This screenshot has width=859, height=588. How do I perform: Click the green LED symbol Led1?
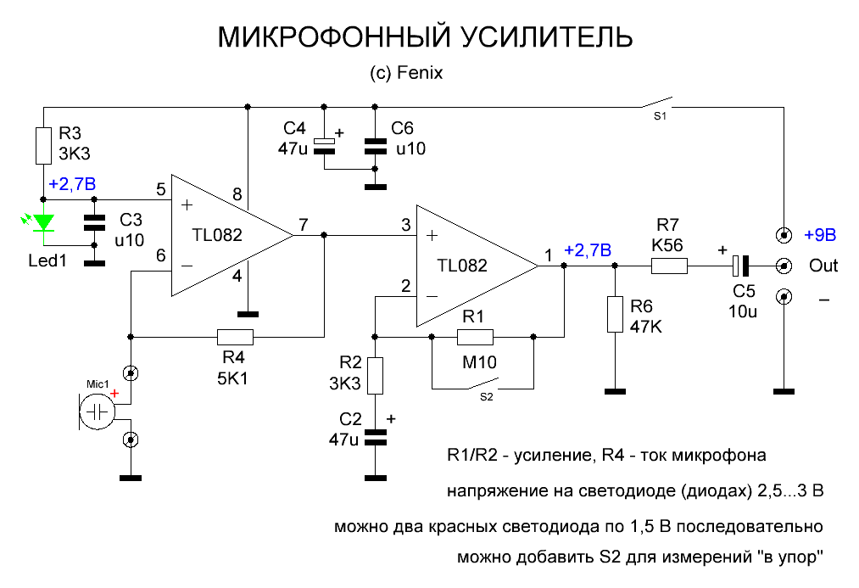click(x=44, y=223)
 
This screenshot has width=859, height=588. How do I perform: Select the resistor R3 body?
click(x=44, y=145)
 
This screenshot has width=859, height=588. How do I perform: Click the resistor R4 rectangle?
click(x=235, y=337)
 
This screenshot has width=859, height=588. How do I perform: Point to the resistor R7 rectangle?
click(x=669, y=266)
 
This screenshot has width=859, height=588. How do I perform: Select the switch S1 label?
click(x=659, y=115)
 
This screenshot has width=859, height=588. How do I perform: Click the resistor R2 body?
click(x=376, y=375)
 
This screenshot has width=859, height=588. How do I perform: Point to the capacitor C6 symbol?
click(x=374, y=146)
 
